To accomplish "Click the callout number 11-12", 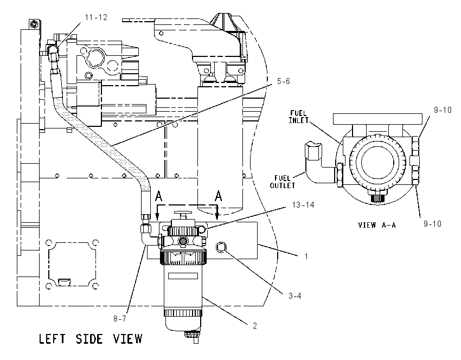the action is [96, 17].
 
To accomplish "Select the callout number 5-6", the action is [284, 81].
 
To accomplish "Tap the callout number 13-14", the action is [303, 205].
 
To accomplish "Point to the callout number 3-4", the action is [295, 296].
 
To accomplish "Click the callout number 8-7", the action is [120, 319].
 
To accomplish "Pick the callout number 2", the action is [254, 326].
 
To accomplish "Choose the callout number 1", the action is [306, 256].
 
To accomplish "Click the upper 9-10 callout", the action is [443, 110].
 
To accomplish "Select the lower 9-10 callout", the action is [432, 224].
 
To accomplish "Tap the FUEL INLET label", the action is [298, 117].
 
